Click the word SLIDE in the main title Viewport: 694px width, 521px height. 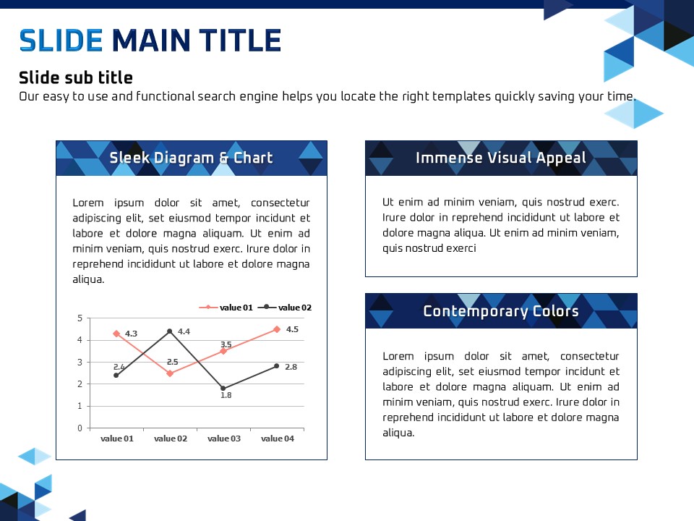pyautogui.click(x=61, y=41)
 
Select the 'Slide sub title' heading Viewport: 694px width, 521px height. pyautogui.click(x=76, y=77)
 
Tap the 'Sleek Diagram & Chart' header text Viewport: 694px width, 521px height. pyautogui.click(x=191, y=158)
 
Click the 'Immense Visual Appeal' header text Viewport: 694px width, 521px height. pyautogui.click(x=500, y=158)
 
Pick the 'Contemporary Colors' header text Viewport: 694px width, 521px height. pyautogui.click(x=500, y=311)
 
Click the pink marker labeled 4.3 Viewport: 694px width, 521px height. pyautogui.click(x=116, y=334)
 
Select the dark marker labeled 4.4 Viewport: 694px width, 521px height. pyautogui.click(x=170, y=331)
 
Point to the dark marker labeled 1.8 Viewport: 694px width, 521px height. pyautogui.click(x=223, y=389)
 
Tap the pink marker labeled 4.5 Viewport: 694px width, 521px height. pyautogui.click(x=277, y=329)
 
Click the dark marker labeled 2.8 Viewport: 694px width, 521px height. pyautogui.click(x=277, y=366)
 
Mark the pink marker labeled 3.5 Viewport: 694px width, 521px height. pyautogui.click(x=223, y=352)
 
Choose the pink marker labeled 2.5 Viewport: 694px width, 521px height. pyautogui.click(x=170, y=373)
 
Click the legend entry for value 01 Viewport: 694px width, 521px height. pyautogui.click(x=226, y=308)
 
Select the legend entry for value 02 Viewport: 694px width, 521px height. pyautogui.click(x=285, y=308)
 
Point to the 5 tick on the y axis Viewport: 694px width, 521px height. pyautogui.click(x=80, y=318)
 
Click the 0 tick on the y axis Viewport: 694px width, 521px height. pyautogui.click(x=80, y=428)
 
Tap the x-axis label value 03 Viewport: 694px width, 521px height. pyautogui.click(x=224, y=439)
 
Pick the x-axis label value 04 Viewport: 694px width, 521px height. pyautogui.click(x=278, y=439)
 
